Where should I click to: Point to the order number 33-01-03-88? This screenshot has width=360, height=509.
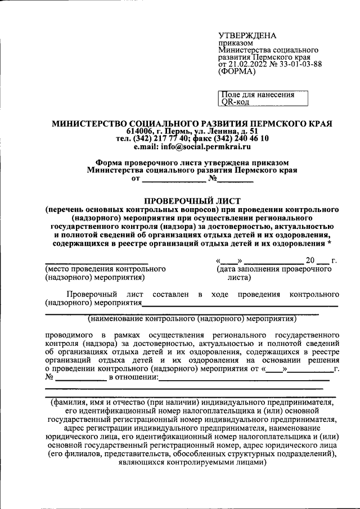[x=303, y=64]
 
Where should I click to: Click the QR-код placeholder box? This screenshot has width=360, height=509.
[x=263, y=99]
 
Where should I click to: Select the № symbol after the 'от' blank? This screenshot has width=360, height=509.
[x=213, y=178]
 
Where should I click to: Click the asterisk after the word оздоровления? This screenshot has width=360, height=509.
[x=328, y=243]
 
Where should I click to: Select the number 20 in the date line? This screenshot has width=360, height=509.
[x=310, y=260]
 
